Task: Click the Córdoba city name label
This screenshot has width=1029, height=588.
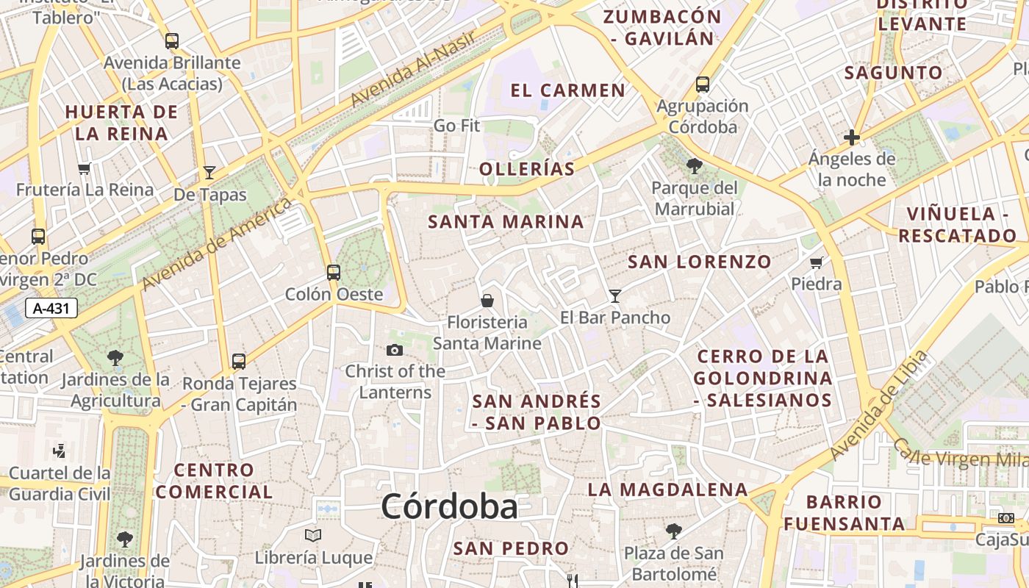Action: point(449,506)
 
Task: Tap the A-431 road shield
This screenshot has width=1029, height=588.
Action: point(51,308)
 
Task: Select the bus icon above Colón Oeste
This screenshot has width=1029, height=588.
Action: point(334,273)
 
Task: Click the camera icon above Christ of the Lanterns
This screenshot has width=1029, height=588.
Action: point(395,350)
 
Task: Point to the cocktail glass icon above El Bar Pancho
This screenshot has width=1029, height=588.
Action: point(615,295)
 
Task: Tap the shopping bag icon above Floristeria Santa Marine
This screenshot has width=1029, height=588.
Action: point(487,300)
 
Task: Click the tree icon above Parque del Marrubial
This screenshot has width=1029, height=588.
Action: point(693,166)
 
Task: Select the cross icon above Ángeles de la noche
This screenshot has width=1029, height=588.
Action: point(852,137)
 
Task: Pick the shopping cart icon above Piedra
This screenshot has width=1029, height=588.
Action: point(816,262)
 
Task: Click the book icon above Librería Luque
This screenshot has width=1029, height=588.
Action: point(313,535)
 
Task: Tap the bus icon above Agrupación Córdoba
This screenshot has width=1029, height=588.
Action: point(703,84)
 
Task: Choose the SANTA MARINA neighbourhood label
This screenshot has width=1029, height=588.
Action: point(506,221)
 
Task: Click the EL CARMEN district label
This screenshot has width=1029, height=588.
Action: point(567,90)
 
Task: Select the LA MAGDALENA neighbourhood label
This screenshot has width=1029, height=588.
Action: point(667,490)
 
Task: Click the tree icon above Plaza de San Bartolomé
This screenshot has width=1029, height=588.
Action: point(673,531)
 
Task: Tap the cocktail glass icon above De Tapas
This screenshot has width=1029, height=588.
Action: point(209,173)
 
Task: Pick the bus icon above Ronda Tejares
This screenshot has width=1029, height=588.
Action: point(239,361)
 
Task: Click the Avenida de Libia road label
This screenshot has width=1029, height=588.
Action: point(879,406)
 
